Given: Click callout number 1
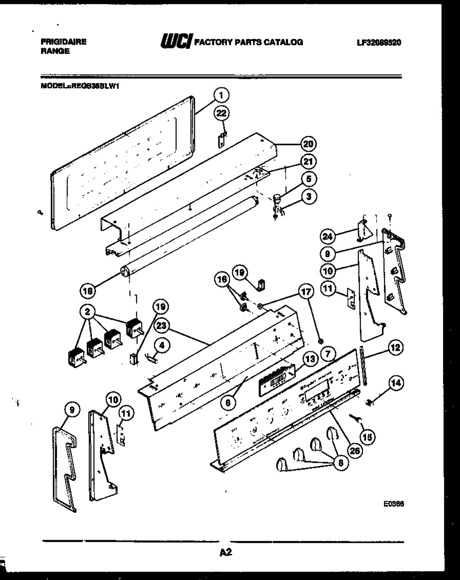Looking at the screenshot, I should click(221, 96).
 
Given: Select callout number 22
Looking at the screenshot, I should click(222, 113).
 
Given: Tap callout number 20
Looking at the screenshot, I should click(308, 144).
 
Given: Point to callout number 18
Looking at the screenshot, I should click(87, 290).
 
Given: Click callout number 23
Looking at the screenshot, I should click(161, 326).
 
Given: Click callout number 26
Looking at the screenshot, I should click(353, 451).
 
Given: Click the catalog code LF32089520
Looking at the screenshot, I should click(379, 42).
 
